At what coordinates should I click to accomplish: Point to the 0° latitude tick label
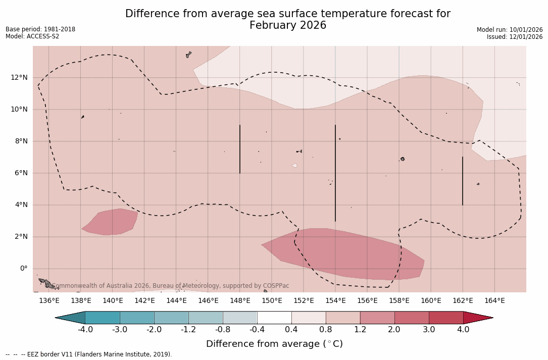pos(23,269)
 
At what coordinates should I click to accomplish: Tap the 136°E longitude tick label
pos(49,301)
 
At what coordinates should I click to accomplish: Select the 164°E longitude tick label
pos(494,301)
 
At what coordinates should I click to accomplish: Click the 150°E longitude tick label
pos(272,301)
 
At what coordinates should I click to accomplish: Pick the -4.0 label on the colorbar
pos(85,330)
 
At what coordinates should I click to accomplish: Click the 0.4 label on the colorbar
pos(291,330)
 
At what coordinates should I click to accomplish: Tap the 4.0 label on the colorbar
pos(463,330)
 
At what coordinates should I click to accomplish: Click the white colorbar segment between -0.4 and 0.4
pos(274,318)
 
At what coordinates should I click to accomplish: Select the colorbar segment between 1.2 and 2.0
pos(377,318)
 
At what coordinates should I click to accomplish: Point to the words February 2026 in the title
pos(288,25)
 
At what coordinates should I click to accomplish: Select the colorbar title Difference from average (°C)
pos(274,344)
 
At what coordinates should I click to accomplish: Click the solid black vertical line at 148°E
pos(240,149)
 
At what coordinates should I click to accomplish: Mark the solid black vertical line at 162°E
pos(463,181)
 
